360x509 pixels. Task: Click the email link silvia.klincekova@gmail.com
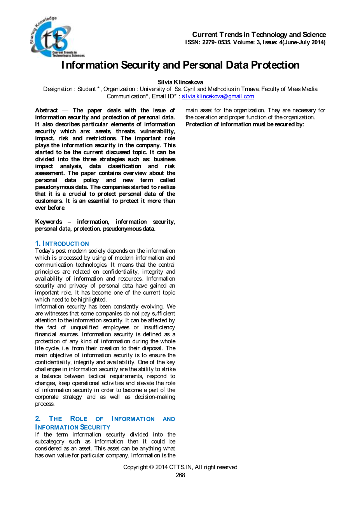tap(218, 96)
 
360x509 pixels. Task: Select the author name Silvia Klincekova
tap(180, 82)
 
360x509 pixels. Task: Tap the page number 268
tap(180, 475)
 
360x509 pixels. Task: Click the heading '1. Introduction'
tap(62, 244)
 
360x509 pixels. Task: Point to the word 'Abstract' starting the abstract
tap(46, 110)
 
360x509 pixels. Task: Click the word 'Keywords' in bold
tap(49, 222)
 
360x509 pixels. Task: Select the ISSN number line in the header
tap(255, 42)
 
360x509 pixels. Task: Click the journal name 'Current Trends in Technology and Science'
tap(259, 35)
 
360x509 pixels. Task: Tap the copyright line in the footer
tap(180, 467)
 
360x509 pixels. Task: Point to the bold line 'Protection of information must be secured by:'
tap(245, 124)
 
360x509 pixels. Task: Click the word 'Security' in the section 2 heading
tap(95, 427)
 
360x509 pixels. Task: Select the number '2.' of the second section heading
tap(38, 419)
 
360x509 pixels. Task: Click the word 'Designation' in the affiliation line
tap(58, 89)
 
